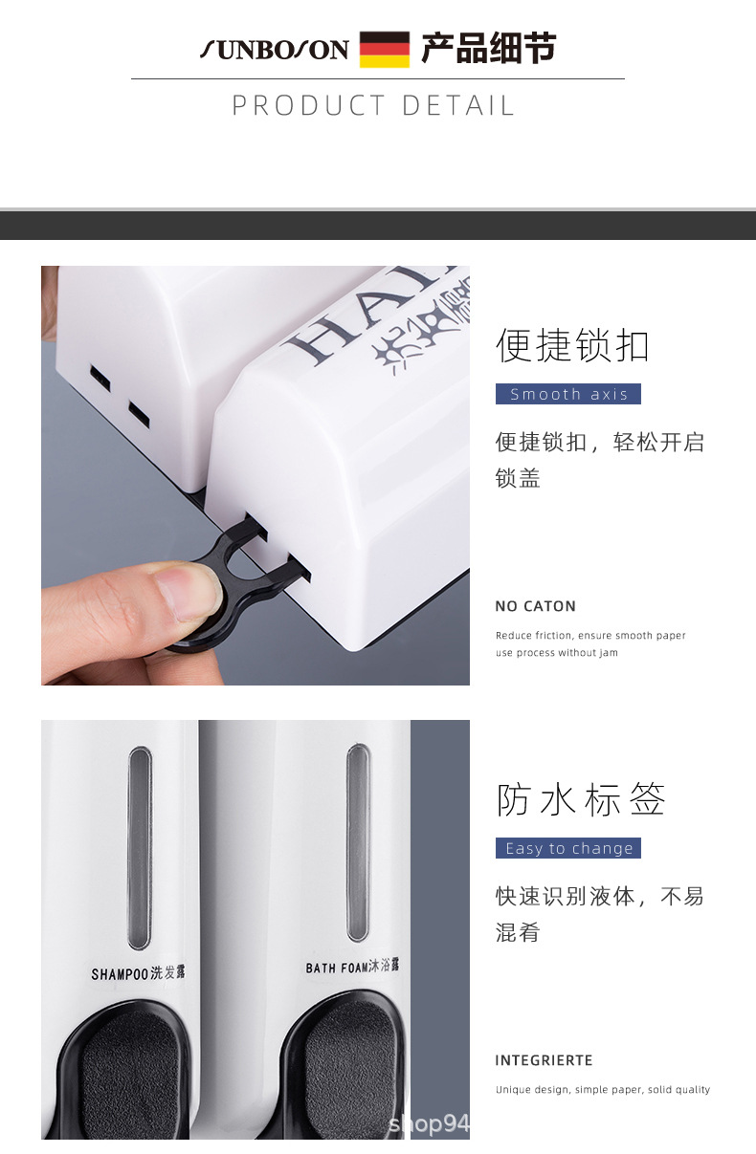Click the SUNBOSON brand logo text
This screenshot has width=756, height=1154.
275,50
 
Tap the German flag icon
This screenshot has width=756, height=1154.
385,50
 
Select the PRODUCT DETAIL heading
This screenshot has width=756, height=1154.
374,105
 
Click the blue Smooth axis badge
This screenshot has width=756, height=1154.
568,394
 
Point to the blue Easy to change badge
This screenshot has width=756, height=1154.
568,848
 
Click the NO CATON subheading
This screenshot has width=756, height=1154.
536,606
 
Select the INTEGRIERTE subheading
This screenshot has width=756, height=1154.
545,1060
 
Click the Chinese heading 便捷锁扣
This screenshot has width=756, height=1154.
572,345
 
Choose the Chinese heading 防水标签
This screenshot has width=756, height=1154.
581,799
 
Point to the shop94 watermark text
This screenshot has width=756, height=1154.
429,1124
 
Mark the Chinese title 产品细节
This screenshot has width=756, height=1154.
488,48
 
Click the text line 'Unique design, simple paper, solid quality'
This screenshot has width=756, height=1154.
603,1090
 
